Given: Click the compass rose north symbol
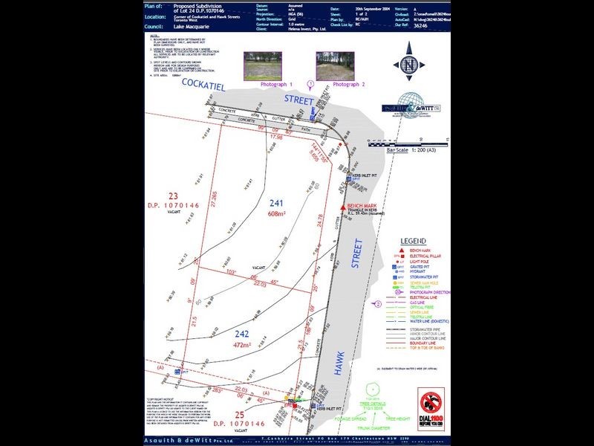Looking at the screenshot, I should (408, 66).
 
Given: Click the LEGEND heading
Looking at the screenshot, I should (413, 242).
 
